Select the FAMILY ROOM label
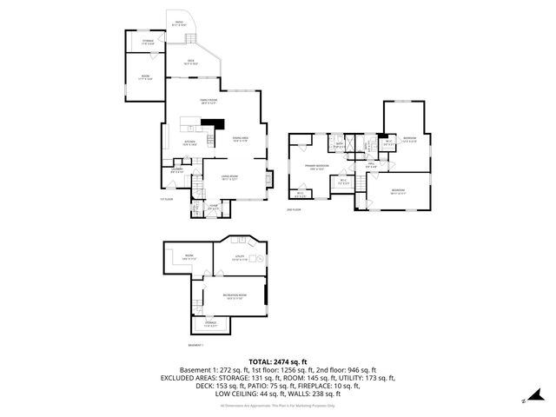pyautogui.click(x=208, y=102)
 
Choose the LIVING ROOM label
pyautogui.click(x=229, y=178)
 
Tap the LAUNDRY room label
pyautogui.click(x=176, y=170)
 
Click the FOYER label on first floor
pyautogui.click(x=213, y=206)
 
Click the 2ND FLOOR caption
pyautogui.click(x=293, y=208)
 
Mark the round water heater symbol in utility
pyautogui.click(x=258, y=259)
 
